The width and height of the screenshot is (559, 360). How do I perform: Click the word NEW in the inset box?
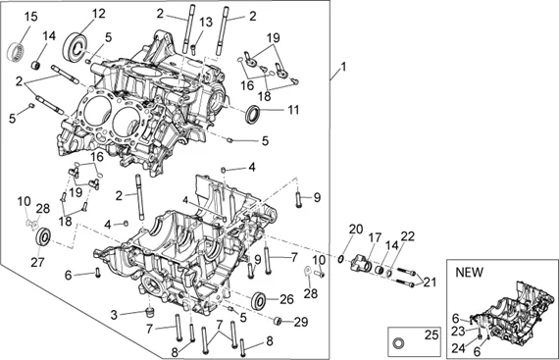(469, 273)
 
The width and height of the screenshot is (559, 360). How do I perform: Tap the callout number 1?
(343, 67)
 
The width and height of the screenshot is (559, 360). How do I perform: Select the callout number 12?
(99, 14)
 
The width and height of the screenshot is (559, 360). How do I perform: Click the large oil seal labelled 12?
(76, 46)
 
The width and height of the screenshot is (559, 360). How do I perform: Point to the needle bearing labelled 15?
(16, 51)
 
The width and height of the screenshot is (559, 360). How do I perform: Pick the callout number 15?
(30, 17)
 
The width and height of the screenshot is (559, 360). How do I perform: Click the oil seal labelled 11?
(253, 114)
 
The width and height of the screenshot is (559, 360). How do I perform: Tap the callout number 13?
(206, 23)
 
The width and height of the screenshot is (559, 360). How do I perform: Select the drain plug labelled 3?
(150, 312)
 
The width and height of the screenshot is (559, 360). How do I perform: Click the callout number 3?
(114, 315)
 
